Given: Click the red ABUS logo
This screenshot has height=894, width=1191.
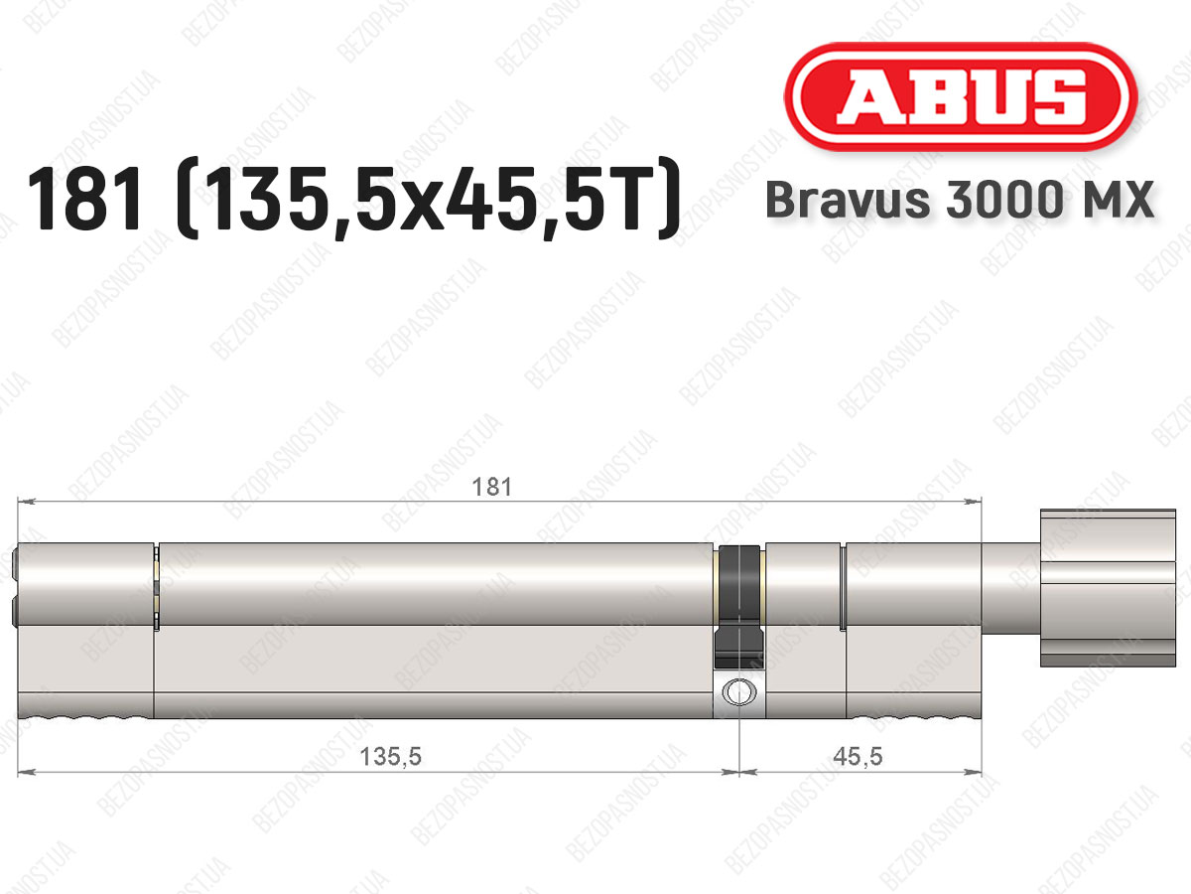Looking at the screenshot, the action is pos(961,96).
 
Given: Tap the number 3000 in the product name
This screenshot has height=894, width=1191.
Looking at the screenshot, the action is pos(1003,200).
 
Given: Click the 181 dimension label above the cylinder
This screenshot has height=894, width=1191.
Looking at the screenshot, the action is pos(491,487).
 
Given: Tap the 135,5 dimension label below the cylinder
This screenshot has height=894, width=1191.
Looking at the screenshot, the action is pos(391,756).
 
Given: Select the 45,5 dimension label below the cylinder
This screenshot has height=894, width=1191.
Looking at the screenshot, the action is pos(858,756).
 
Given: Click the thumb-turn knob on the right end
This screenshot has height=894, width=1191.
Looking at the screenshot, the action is pos(1108,588).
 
